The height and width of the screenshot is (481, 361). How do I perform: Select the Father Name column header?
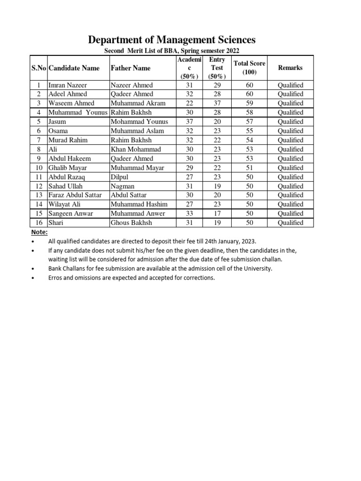131,68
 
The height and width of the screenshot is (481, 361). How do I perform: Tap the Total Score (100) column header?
249,68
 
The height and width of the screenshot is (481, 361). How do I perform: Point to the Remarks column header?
290,68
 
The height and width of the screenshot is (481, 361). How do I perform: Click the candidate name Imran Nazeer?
68,85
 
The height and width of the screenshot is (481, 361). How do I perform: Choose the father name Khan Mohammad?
136,149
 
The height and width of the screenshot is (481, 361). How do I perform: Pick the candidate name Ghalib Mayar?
68,168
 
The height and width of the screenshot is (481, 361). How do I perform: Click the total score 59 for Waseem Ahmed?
250,103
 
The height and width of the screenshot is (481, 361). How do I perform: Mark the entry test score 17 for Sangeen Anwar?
217,214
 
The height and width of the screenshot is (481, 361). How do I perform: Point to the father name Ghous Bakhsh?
132,223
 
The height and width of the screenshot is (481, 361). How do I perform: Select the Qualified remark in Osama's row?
290,131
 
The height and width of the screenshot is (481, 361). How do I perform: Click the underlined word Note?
39,232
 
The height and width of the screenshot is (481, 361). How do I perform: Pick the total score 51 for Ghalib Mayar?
250,168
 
